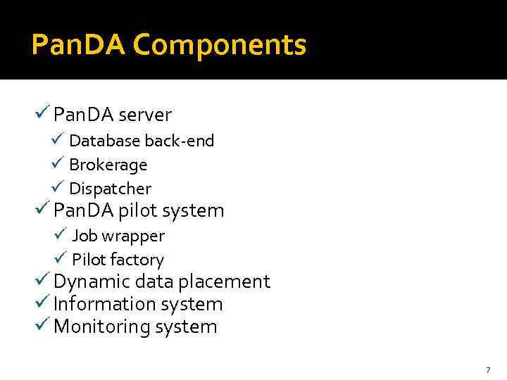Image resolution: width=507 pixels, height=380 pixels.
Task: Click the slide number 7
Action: tap(487, 370)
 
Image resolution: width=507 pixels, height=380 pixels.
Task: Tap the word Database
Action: tap(105, 141)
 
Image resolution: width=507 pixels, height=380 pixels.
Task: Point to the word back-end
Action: tap(180, 141)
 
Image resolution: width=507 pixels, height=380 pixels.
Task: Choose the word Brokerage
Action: tap(108, 165)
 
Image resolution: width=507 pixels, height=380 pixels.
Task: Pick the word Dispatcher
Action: tap(110, 189)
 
